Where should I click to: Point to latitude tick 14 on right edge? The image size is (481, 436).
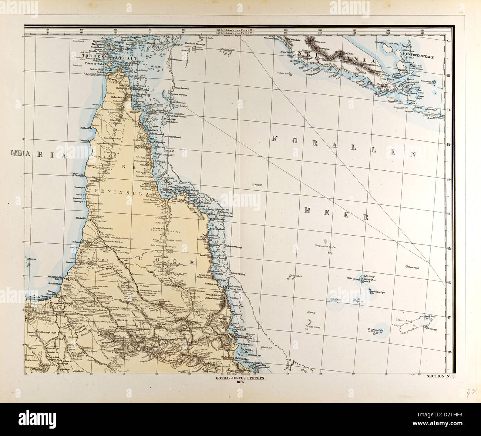click(448, 214)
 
